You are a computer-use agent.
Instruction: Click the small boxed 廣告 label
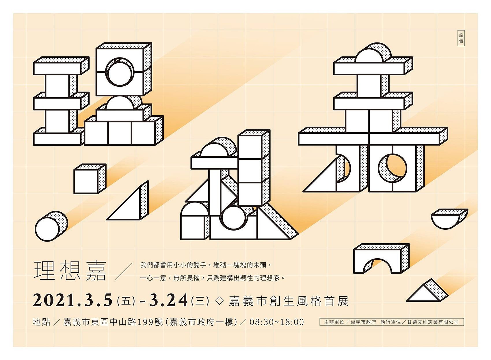click(461, 38)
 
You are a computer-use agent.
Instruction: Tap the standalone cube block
click(90, 179)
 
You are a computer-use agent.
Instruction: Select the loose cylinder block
click(51, 226)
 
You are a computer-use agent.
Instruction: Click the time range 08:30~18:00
click(277, 322)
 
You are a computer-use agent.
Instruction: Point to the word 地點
click(41, 322)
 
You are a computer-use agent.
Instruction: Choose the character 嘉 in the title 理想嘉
click(96, 271)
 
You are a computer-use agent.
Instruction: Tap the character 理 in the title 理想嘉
click(44, 271)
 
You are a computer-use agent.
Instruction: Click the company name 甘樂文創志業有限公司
click(433, 322)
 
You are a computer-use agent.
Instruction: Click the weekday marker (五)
click(126, 301)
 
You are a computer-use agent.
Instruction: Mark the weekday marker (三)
click(200, 301)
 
